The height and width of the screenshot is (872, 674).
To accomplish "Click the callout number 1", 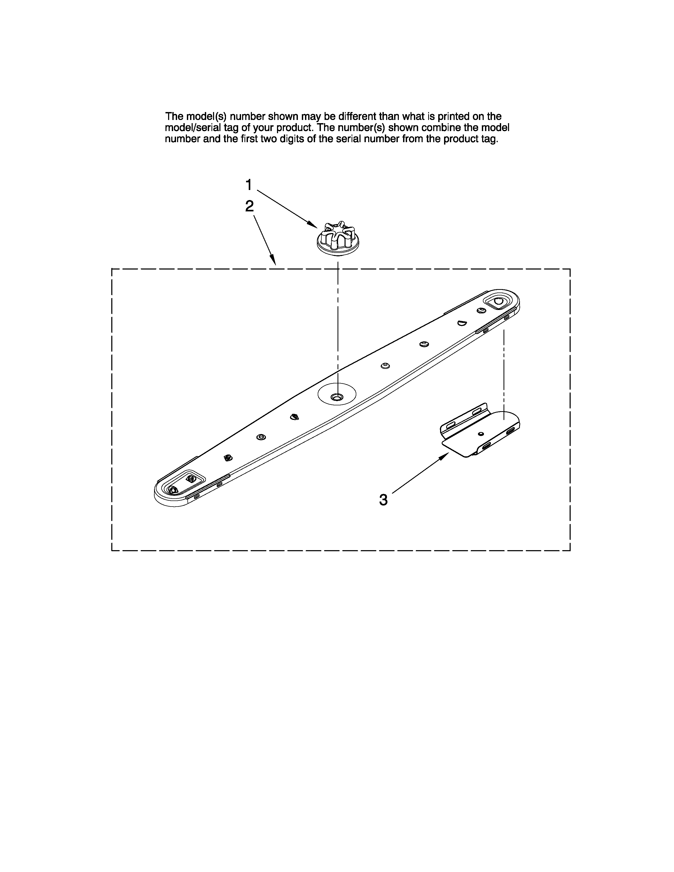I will click(x=248, y=185).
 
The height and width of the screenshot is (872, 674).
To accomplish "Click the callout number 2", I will click(x=249, y=206).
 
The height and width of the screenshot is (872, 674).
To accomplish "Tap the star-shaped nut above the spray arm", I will click(x=338, y=239).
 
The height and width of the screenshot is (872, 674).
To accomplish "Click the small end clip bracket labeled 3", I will click(x=479, y=431).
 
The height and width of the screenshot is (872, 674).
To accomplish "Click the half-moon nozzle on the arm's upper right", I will click(x=462, y=323).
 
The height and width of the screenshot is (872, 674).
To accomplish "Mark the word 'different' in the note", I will click(x=357, y=117).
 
